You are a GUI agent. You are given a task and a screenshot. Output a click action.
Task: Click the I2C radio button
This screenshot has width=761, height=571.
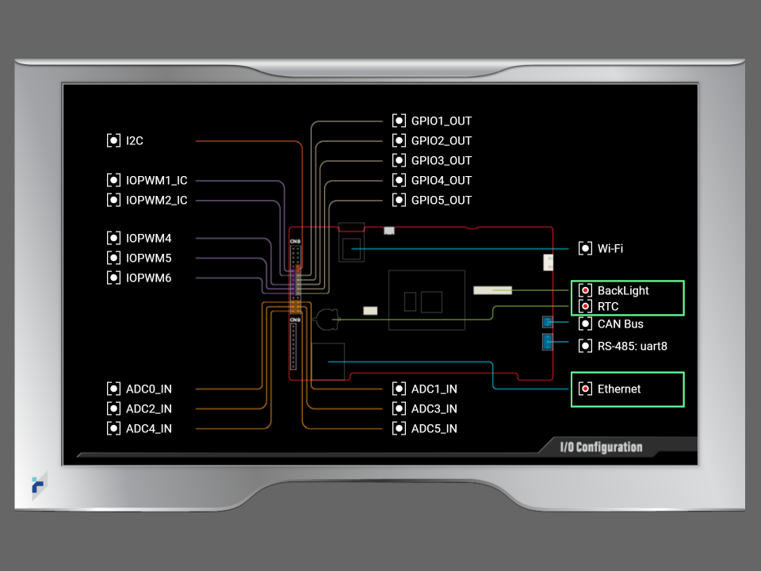(x=113, y=140)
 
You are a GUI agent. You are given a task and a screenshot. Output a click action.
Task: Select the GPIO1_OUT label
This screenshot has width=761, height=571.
(x=441, y=121)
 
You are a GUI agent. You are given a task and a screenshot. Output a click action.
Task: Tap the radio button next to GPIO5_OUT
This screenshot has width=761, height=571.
(x=399, y=200)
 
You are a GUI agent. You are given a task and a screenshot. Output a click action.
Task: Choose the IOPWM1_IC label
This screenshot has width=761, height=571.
(x=156, y=181)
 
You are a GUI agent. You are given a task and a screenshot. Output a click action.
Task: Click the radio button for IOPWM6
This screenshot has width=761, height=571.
(x=113, y=278)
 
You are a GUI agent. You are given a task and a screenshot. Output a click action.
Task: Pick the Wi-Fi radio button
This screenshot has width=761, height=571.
(x=585, y=248)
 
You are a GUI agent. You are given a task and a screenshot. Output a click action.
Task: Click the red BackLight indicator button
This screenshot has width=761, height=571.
(x=585, y=290)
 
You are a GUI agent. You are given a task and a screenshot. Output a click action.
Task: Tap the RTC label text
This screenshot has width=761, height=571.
(x=608, y=306)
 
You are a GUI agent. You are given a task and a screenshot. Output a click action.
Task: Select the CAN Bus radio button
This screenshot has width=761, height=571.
(x=585, y=324)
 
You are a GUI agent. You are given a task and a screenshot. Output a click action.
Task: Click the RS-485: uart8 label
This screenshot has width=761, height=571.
(x=632, y=346)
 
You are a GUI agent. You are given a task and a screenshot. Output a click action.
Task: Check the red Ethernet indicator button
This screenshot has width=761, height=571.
(x=585, y=389)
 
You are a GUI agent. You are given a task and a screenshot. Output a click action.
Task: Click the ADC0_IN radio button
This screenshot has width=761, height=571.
(x=113, y=389)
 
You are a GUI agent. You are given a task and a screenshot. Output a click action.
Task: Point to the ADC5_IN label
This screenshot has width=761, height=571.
(x=434, y=428)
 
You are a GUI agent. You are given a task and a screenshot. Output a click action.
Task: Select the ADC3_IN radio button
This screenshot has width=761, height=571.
(x=399, y=408)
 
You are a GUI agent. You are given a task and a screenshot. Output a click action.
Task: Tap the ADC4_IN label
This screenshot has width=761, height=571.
(x=148, y=428)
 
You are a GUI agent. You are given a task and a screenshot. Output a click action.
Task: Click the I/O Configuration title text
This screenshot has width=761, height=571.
(x=601, y=447)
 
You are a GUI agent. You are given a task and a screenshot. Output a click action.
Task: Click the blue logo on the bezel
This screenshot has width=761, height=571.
(x=38, y=485)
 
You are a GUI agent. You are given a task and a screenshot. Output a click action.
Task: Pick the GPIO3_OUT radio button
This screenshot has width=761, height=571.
(x=399, y=160)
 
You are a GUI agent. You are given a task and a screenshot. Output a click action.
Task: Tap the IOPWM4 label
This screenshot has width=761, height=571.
(x=148, y=238)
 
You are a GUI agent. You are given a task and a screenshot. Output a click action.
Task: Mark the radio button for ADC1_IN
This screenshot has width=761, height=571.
(x=399, y=389)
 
